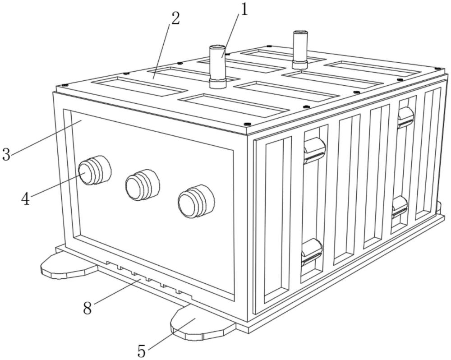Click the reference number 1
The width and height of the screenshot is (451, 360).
point(244,9)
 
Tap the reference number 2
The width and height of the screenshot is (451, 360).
point(175,18)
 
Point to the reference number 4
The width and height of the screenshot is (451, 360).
point(26,198)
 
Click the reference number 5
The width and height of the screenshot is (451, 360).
point(142,350)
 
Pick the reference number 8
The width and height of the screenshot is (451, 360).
point(88,308)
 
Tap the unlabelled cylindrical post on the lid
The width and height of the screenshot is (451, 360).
point(299,47)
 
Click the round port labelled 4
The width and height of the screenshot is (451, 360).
point(93,171)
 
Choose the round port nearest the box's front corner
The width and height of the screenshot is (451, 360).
point(195,202)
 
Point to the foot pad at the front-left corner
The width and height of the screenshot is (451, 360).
point(68,267)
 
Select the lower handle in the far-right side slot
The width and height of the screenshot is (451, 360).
point(400,207)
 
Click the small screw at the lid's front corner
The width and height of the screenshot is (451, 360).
point(247,124)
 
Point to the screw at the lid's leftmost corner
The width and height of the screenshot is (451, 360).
point(64,85)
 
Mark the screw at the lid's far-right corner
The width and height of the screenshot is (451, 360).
point(437,68)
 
